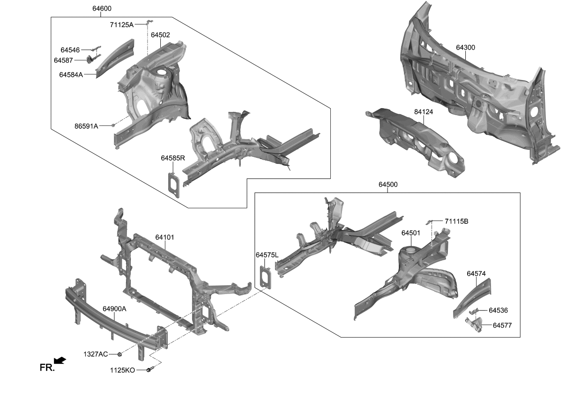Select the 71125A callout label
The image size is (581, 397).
pyautogui.click(x=122, y=25)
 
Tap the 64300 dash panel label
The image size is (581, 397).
pyautogui.click(x=465, y=47)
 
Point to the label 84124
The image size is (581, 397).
pyautogui.click(x=424, y=112)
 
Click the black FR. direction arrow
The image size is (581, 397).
pyautogui.click(x=60, y=360)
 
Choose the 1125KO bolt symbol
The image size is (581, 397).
pyautogui.click(x=149, y=370)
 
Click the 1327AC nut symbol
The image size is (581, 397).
pyautogui.click(x=119, y=354)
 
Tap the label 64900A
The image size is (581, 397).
pyautogui.click(x=115, y=309)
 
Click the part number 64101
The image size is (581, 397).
pyautogui.click(x=164, y=237)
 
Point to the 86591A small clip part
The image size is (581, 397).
pyautogui.click(x=113, y=125)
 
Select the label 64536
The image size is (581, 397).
pyautogui.click(x=498, y=310)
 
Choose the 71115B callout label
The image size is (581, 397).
pyautogui.click(x=456, y=221)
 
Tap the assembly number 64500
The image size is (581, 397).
pyautogui.click(x=388, y=185)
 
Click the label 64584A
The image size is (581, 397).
pyautogui.click(x=71, y=74)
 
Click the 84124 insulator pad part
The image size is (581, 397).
pyautogui.click(x=417, y=140)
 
